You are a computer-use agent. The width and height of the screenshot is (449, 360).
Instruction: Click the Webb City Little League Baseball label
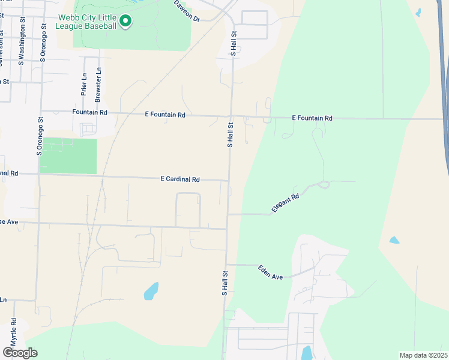coord(87,22)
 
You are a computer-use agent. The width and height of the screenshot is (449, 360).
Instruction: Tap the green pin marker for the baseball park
coord(125,22)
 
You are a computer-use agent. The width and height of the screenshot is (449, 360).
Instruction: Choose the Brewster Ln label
coord(99,82)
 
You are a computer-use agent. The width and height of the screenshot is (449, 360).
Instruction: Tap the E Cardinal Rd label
coord(180,179)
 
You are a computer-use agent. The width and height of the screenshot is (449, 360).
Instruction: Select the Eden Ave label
coord(270,272)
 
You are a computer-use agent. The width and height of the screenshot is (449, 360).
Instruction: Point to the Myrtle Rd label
coord(13,332)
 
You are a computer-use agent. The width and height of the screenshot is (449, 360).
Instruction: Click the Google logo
coord(20,353)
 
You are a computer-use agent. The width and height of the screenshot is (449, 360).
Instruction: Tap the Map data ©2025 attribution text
coord(423,355)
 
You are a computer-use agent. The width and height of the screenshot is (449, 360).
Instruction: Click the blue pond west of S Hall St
coord(151,291)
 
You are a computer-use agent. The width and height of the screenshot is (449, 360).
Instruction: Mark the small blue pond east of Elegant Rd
coord(394,240)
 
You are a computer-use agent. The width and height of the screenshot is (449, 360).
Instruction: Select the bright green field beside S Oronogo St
coord(69,156)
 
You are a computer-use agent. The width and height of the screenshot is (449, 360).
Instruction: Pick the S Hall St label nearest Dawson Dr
coord(235,45)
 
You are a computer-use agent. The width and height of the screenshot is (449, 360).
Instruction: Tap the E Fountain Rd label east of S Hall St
coord(312,118)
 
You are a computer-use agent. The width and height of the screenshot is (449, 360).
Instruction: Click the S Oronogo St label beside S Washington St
coord(43,43)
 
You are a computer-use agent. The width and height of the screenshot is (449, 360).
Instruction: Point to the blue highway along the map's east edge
coord(445,90)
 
